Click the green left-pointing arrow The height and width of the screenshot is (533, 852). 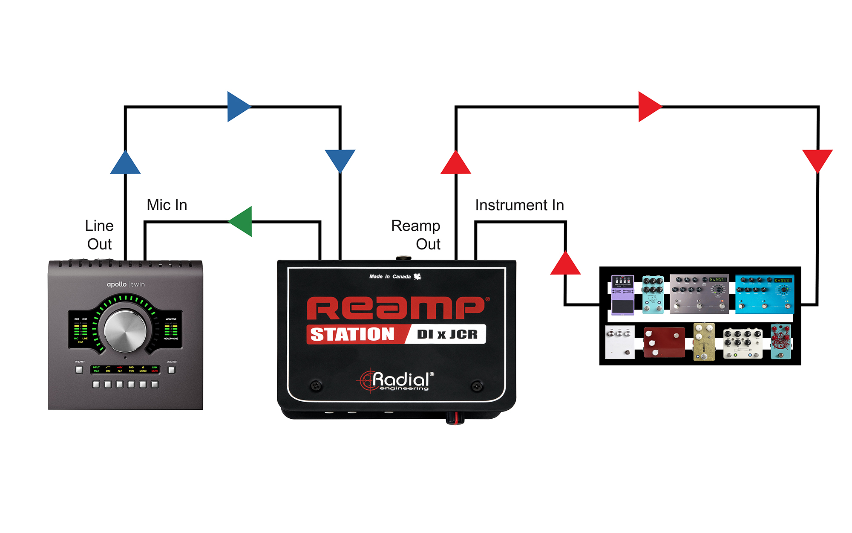click(241, 221)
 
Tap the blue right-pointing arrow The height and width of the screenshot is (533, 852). click(238, 107)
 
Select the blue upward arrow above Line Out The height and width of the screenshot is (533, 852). click(125, 163)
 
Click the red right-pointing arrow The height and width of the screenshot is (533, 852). click(649, 107)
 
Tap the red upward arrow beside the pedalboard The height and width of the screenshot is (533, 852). click(565, 264)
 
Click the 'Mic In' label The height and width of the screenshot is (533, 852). click(167, 205)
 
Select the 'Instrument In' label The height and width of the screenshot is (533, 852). click(519, 206)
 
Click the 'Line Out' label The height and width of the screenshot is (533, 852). click(99, 235)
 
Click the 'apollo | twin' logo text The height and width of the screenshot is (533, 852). click(126, 284)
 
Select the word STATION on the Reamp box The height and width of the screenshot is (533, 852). click(353, 334)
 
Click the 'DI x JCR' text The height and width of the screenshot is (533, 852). click(447, 334)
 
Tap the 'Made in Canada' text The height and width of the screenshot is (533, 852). click(390, 277)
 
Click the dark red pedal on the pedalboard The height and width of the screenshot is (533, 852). click(664, 342)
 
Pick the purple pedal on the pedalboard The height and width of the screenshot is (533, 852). click(622, 295)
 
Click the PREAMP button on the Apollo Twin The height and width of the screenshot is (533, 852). click(79, 370)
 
